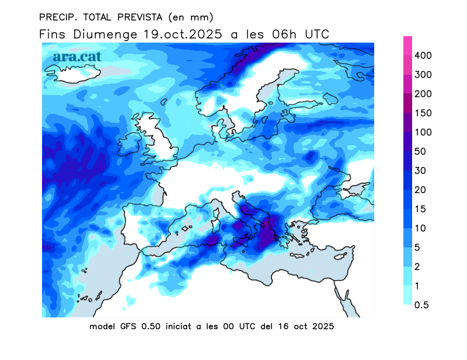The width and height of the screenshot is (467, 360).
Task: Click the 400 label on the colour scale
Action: [x=423, y=55]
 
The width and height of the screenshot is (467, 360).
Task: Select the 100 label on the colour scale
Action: [x=423, y=132]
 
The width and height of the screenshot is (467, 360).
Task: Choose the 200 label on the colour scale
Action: [x=423, y=94]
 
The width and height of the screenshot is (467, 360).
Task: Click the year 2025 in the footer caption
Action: [x=322, y=327]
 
